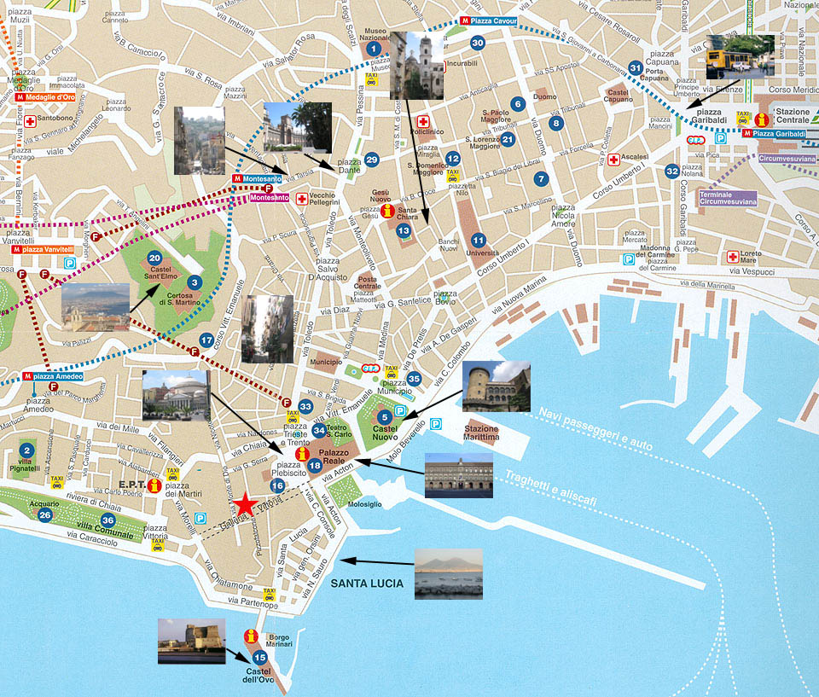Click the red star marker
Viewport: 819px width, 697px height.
245,504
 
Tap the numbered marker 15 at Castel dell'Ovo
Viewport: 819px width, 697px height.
259,658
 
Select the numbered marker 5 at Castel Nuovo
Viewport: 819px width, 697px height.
385,417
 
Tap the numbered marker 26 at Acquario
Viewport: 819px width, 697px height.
44,515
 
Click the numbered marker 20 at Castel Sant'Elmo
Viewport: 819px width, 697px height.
154,258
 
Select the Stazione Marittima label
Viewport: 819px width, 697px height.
482,433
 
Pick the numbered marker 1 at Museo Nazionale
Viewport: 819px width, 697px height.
373,49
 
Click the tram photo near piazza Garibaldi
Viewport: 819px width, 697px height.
740,56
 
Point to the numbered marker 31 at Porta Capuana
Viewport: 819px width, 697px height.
635,67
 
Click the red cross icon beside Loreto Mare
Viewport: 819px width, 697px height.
731,256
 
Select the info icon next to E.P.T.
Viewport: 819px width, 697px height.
154,485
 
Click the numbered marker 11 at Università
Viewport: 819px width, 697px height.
478,241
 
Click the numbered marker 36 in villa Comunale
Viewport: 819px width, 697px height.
107,520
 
